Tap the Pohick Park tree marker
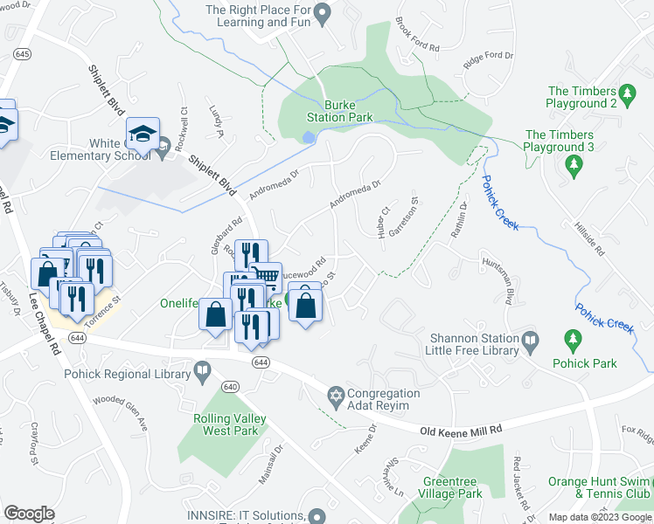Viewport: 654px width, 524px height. coord(573,338)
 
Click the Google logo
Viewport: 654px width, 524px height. coord(30,513)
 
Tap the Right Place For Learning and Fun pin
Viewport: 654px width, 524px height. coord(322,12)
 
